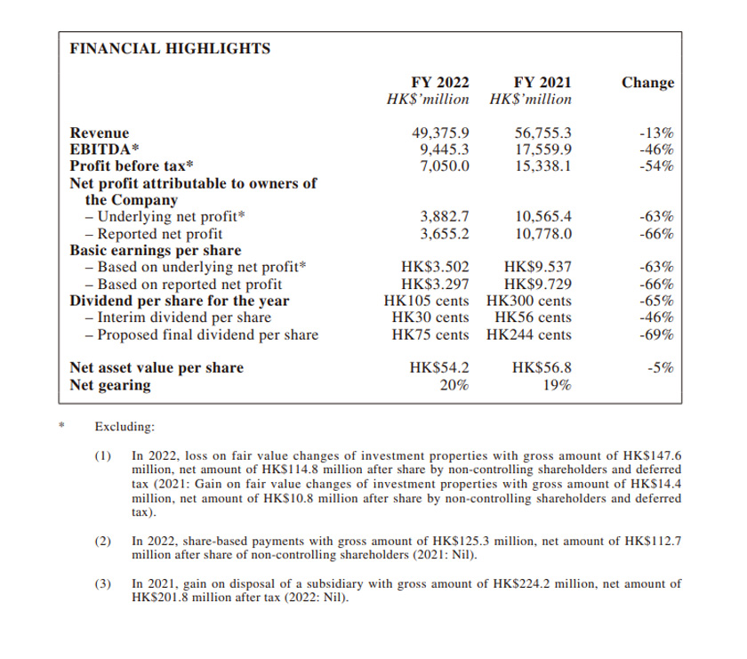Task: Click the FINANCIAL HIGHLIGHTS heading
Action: click(170, 48)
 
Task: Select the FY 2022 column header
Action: click(440, 83)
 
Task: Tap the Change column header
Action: click(647, 83)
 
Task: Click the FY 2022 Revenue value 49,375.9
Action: click(440, 133)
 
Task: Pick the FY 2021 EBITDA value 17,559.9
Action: click(543, 150)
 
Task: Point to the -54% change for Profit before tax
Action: click(656, 166)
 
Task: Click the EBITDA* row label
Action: click(105, 150)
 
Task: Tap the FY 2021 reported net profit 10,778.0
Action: click(543, 234)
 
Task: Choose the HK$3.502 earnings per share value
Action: click(436, 267)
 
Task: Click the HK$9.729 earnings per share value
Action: click(538, 285)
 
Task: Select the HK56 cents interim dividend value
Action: click(534, 317)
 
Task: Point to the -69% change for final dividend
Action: click(656, 335)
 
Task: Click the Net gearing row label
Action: click(110, 386)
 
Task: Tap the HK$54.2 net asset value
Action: click(439, 368)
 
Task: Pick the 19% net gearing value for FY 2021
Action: click(557, 386)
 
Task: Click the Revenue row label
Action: click(100, 133)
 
